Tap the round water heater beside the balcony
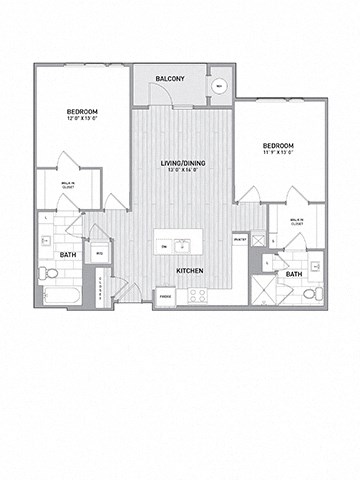219,86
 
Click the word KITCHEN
191,270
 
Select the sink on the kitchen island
183,244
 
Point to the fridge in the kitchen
164,295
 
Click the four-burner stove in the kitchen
197,295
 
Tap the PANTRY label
239,240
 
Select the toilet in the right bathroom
312,293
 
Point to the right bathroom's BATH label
294,273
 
